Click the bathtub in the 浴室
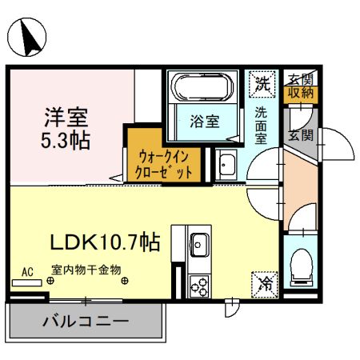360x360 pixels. (x=202, y=88)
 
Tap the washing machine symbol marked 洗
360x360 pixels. (x=262, y=81)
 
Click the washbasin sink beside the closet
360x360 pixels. (x=226, y=166)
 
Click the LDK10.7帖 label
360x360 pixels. (x=108, y=240)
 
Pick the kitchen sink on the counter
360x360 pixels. (x=199, y=242)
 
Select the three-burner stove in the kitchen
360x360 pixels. (x=199, y=283)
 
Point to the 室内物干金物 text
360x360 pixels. (x=86, y=270)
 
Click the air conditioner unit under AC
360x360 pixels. (x=27, y=282)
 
